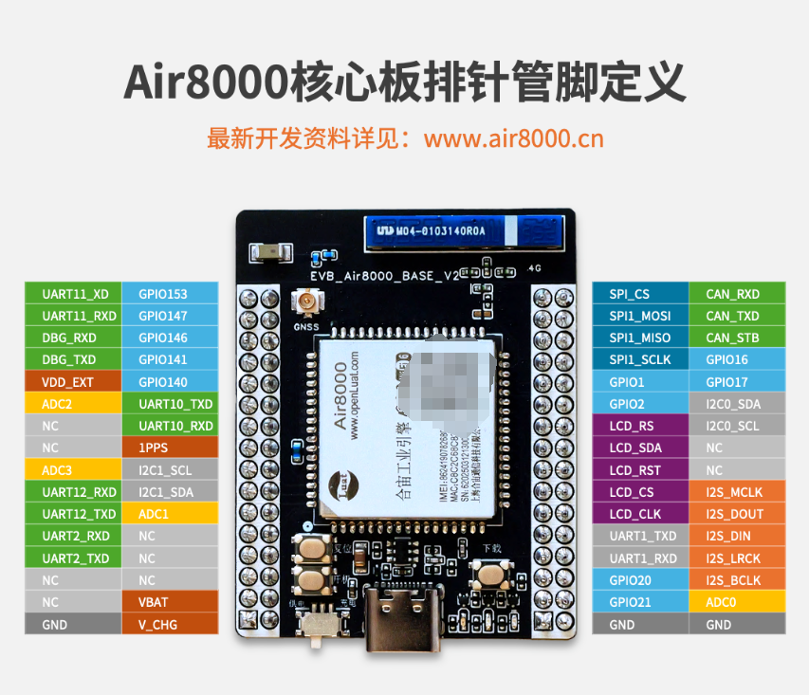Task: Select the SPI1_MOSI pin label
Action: (640, 316)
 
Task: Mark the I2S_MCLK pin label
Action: (737, 492)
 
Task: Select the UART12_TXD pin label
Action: (73, 514)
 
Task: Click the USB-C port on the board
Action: (401, 621)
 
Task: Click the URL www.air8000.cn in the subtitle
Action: (513, 138)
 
